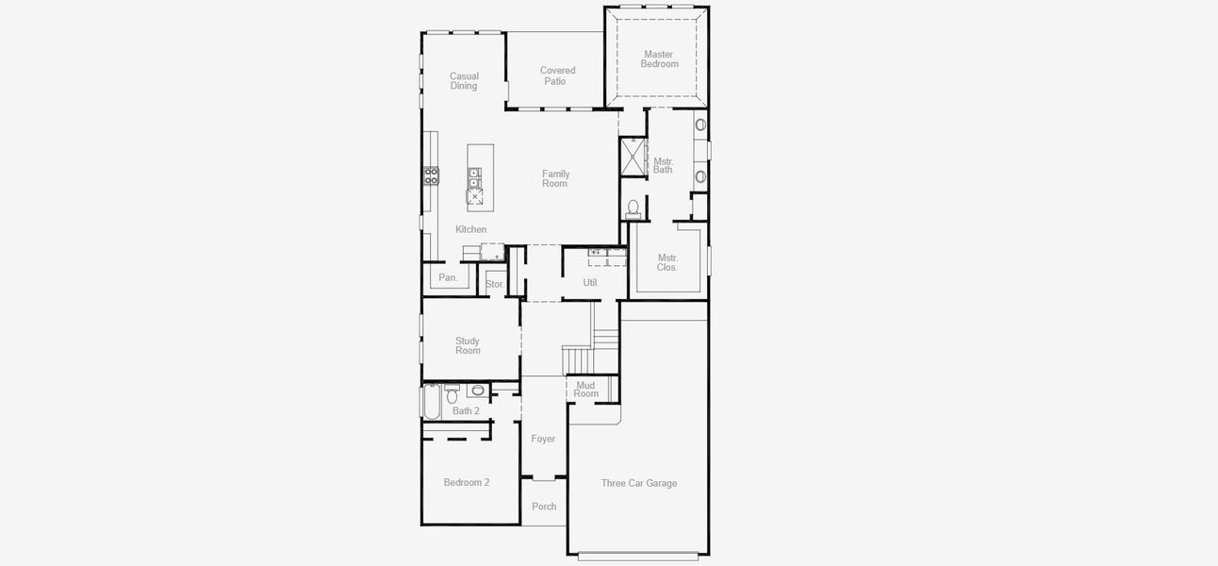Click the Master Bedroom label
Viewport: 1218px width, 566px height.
(659, 59)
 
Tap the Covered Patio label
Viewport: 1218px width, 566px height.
(557, 75)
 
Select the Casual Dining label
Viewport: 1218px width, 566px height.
(464, 81)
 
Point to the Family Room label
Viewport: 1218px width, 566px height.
(555, 178)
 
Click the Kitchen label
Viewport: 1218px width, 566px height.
(470, 229)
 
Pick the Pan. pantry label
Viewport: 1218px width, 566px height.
(448, 277)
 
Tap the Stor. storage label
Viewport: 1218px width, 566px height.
(495, 284)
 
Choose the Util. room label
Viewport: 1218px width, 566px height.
(590, 282)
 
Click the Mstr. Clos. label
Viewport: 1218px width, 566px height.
(667, 262)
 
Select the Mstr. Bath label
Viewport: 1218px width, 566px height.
(663, 165)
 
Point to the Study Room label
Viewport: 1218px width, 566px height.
(468, 345)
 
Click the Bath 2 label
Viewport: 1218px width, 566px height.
(466, 410)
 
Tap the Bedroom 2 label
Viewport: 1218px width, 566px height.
(467, 482)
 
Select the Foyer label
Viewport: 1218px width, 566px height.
(543, 439)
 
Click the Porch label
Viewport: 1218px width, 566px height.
(544, 507)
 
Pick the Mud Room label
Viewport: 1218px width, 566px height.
(586, 389)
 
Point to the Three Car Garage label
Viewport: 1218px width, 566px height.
(639, 483)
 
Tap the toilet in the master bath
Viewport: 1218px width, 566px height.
(634, 208)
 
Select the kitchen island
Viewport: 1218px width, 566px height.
(480, 177)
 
